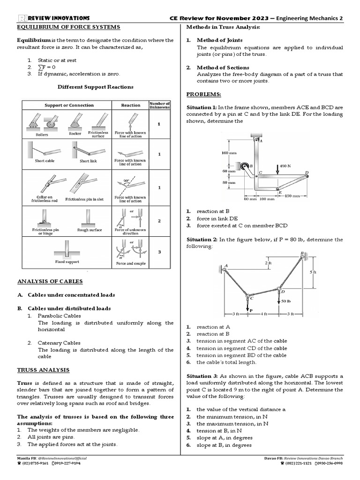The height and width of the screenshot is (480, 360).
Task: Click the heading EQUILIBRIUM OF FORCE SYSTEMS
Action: coord(69,27)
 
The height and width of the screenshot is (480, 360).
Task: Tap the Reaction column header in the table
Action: coord(131,105)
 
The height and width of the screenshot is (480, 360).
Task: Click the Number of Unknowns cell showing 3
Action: coord(159,252)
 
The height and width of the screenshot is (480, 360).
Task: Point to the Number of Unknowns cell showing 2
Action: coord(159,220)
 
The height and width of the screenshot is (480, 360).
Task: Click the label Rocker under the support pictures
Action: coord(75,134)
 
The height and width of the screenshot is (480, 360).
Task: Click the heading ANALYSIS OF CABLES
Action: coord(50,281)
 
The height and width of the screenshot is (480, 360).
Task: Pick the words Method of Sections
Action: coord(222,67)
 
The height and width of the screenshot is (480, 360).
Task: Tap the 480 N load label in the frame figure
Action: coord(285,166)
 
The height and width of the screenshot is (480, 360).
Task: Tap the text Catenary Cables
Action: coord(59,343)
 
